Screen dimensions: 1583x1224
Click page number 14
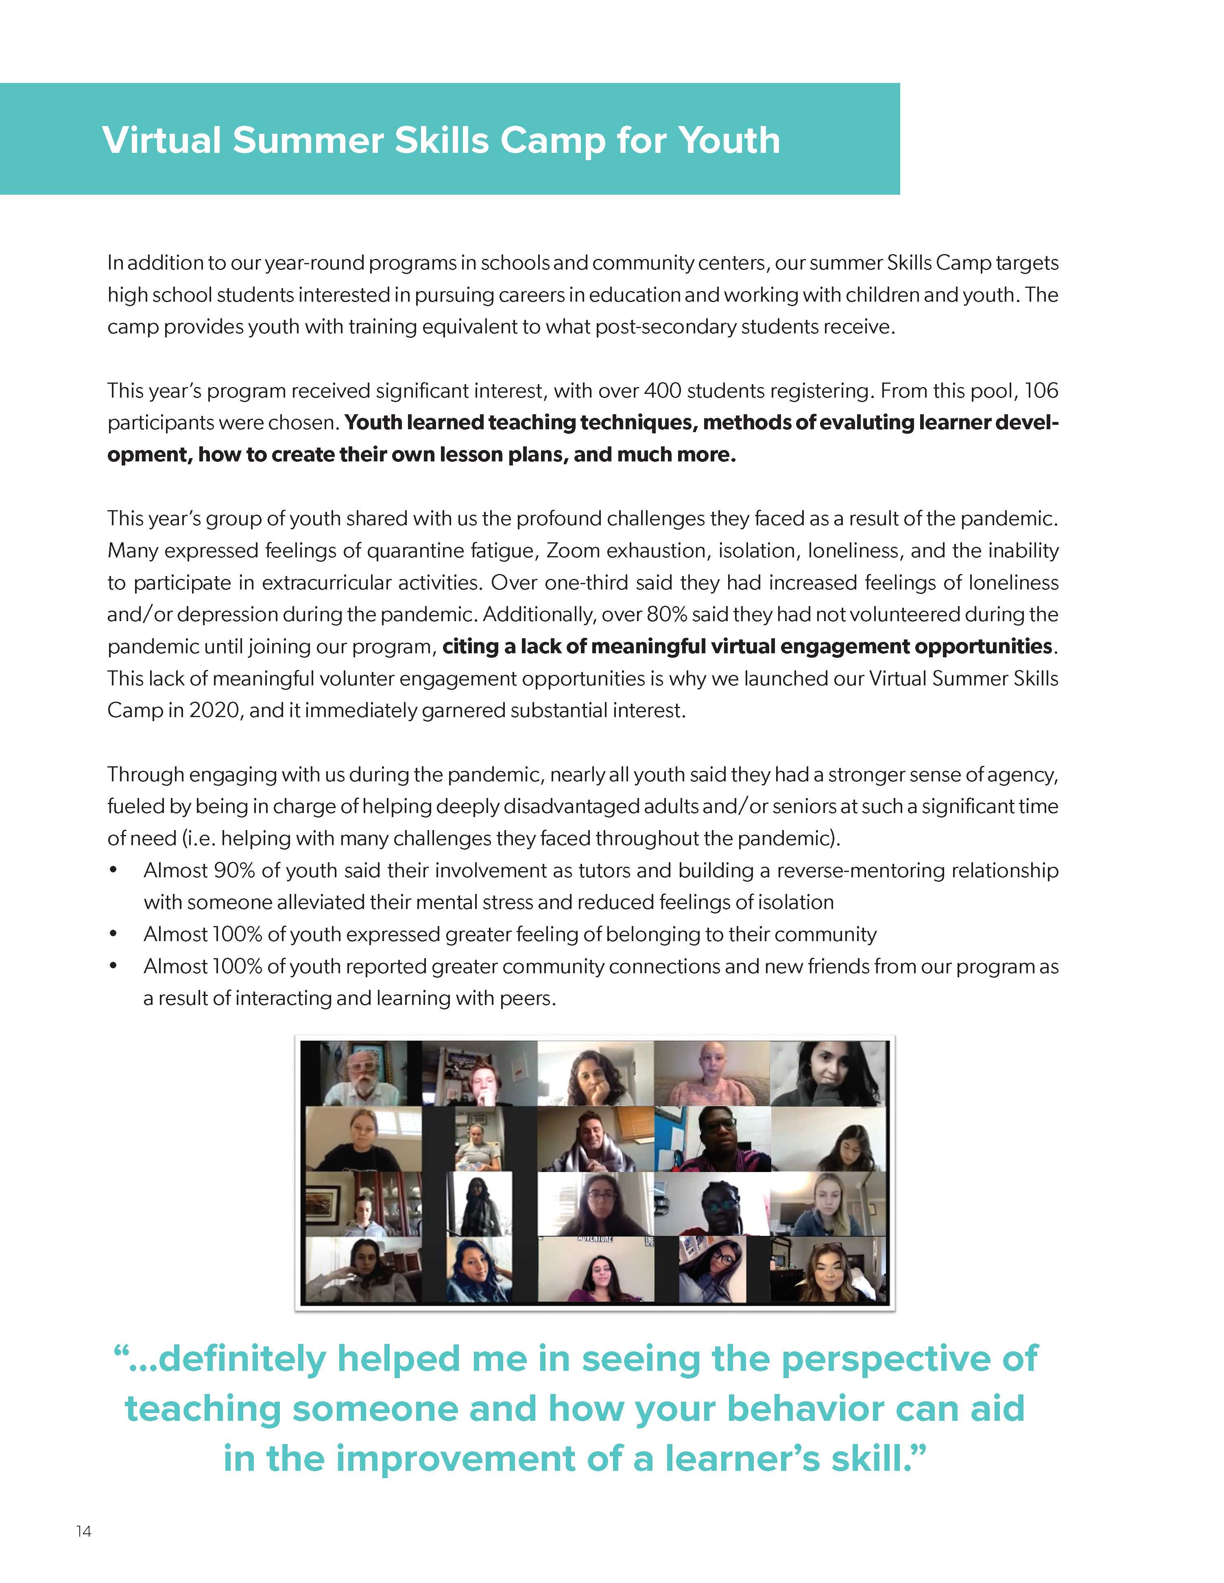pos(83,1531)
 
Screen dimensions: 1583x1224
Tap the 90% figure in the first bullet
pos(234,870)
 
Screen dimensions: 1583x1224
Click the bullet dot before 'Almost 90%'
pos(113,870)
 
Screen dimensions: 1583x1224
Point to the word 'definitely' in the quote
pos(242,1358)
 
